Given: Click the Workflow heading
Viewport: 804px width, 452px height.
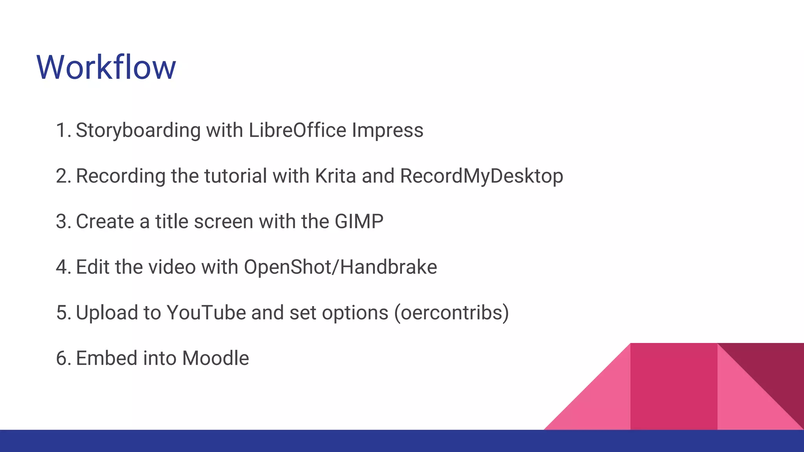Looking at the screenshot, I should (x=106, y=67).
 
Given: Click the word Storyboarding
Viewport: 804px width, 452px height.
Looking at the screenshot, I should (x=138, y=131).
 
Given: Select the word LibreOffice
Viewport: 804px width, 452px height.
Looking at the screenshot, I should (x=297, y=130).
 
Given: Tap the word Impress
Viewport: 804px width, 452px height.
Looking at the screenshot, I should (x=387, y=131).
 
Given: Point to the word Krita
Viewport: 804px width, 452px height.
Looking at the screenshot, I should (x=335, y=176).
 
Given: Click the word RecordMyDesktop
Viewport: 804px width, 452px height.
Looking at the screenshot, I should (x=481, y=176).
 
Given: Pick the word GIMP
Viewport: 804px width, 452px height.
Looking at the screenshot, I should (x=359, y=222).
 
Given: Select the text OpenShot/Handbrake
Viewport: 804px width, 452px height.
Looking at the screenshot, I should (x=340, y=267).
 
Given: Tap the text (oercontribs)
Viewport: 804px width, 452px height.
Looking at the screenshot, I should (x=451, y=313).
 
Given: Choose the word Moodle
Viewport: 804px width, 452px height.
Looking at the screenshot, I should (x=216, y=358).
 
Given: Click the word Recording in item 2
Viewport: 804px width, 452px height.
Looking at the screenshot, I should (x=121, y=176).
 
